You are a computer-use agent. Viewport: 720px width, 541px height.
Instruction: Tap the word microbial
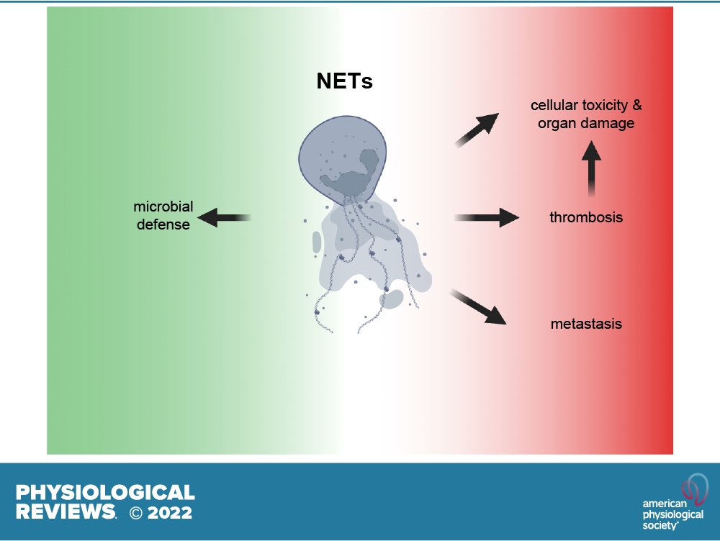pyautogui.click(x=163, y=207)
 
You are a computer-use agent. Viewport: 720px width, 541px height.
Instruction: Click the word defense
pyautogui.click(x=163, y=224)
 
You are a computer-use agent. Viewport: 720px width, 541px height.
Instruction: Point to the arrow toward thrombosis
pyautogui.click(x=487, y=217)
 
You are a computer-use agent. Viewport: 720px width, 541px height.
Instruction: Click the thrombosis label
pyautogui.click(x=586, y=217)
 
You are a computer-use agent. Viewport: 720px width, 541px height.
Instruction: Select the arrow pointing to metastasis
pyautogui.click(x=477, y=306)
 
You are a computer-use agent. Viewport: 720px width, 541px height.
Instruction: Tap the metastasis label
pyautogui.click(x=585, y=324)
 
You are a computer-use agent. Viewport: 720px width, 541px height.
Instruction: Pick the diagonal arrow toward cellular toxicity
pyautogui.click(x=477, y=129)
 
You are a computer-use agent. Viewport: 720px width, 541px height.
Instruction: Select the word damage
pyautogui.click(x=606, y=123)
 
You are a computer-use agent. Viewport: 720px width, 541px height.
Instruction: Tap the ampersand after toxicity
pyautogui.click(x=636, y=106)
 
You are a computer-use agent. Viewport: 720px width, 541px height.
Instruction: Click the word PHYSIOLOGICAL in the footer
pyautogui.click(x=105, y=493)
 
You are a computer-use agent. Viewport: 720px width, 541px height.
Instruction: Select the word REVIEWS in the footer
pyautogui.click(x=65, y=512)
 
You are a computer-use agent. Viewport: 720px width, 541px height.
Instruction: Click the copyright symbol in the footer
pyautogui.click(x=136, y=513)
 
